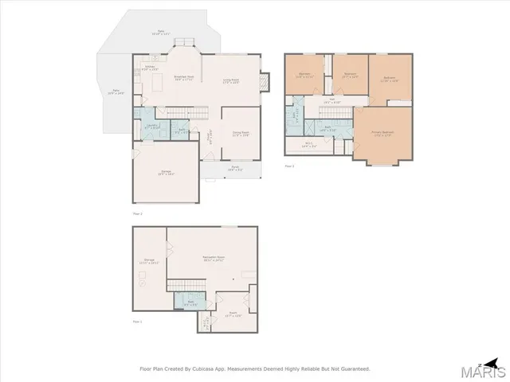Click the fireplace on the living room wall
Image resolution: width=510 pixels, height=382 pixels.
(x=263, y=80)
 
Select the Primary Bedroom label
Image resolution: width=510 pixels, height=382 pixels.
(x=383, y=133)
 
